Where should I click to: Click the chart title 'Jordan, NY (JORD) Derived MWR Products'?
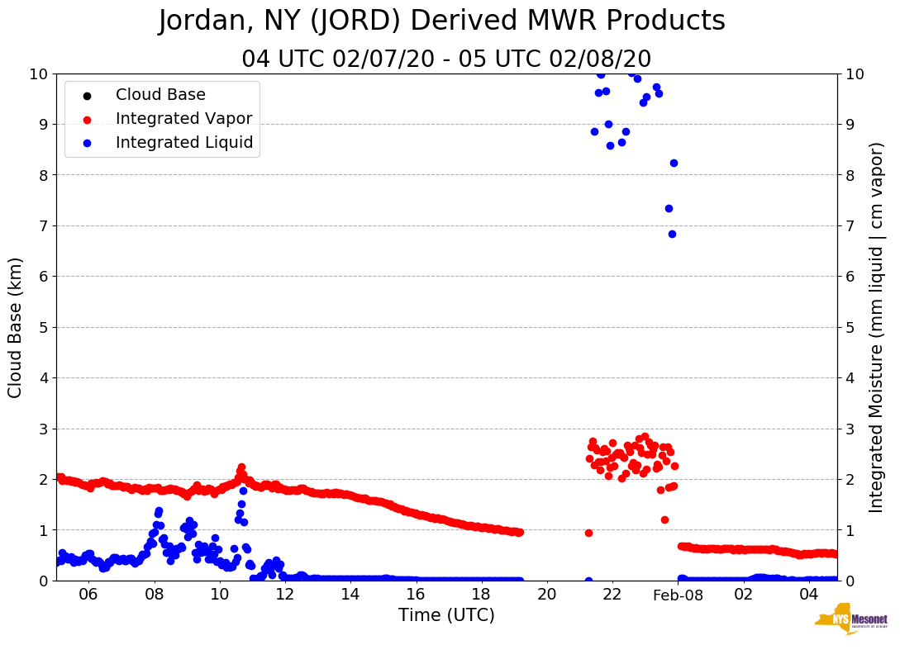click(x=441, y=21)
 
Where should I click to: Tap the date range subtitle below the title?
click(x=446, y=59)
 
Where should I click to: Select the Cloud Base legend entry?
click(x=160, y=95)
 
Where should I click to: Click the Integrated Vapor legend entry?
click(x=183, y=119)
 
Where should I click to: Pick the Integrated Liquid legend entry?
click(x=183, y=143)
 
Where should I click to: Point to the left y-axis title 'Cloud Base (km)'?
click(x=16, y=327)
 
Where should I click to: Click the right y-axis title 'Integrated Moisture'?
click(x=876, y=327)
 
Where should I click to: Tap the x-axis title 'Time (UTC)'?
click(x=446, y=615)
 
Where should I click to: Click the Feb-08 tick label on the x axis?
click(x=678, y=595)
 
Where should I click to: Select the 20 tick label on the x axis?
click(x=546, y=595)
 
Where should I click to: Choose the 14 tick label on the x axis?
click(x=350, y=595)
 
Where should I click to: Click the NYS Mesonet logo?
click(x=851, y=623)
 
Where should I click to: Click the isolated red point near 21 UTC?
click(x=588, y=533)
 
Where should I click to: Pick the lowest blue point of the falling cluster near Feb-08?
click(x=672, y=234)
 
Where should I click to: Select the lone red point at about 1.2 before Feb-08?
click(x=664, y=519)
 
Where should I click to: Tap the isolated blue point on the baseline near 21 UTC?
click(x=588, y=581)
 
